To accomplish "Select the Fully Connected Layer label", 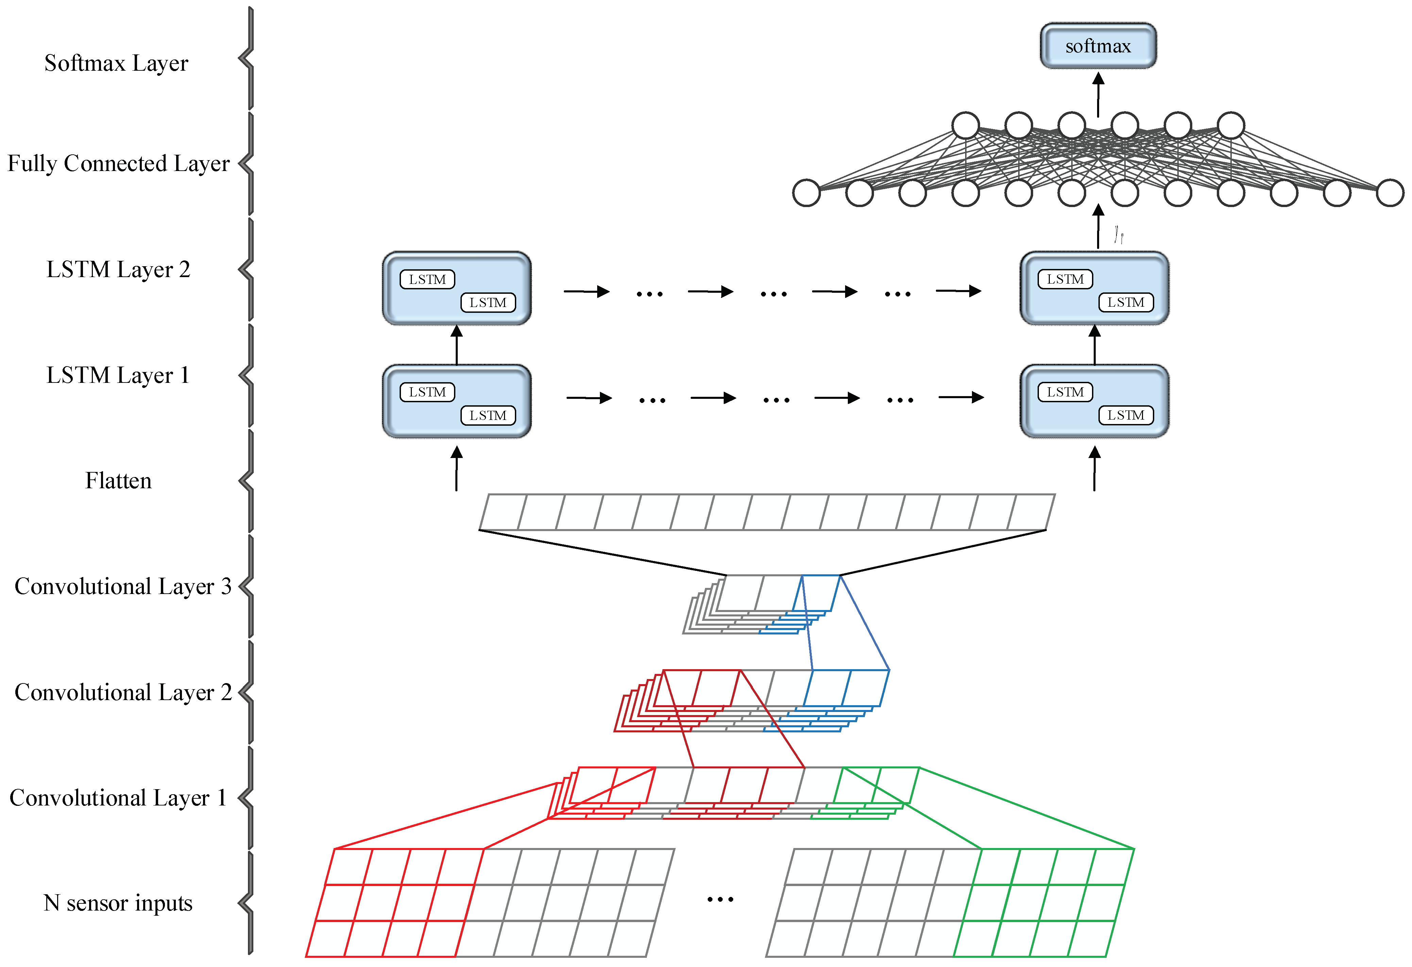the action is (x=118, y=164).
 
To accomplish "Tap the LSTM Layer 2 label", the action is (x=118, y=269).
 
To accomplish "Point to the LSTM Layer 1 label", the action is (x=118, y=375).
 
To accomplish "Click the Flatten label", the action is (x=118, y=480).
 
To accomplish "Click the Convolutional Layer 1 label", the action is (x=118, y=798).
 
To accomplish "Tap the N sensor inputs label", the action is (x=118, y=903).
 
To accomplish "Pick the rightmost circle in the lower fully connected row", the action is (x=1390, y=193).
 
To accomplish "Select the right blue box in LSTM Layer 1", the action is (x=1094, y=401).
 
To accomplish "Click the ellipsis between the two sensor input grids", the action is (x=720, y=899).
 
